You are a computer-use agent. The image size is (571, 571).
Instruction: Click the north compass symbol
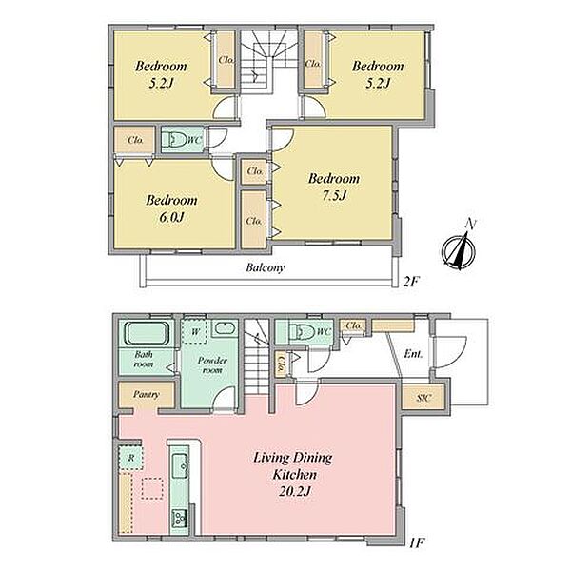pyautogui.click(x=460, y=248)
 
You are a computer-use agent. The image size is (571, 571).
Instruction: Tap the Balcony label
pyautogui.click(x=265, y=267)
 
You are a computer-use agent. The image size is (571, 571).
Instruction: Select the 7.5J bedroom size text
pyautogui.click(x=334, y=196)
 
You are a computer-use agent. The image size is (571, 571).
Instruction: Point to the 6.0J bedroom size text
pyautogui.click(x=170, y=217)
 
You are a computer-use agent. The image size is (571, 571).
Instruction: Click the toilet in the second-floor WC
pyautogui.click(x=173, y=139)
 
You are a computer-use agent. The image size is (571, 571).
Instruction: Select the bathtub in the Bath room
pyautogui.click(x=148, y=333)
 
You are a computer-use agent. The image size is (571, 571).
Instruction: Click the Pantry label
pyautogui.click(x=146, y=394)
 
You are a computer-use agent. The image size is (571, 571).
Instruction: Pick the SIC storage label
pyautogui.click(x=424, y=398)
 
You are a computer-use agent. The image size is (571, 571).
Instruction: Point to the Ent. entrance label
pyautogui.click(x=413, y=354)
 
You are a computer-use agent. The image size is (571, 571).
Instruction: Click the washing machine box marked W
pyautogui.click(x=195, y=332)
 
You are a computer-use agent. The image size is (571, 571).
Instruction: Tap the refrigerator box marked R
pyautogui.click(x=131, y=458)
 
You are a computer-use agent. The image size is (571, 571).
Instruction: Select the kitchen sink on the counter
pyautogui.click(x=180, y=466)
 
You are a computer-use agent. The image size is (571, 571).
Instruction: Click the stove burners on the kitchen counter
pyautogui.click(x=180, y=518)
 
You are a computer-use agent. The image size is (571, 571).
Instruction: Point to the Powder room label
pyautogui.click(x=212, y=365)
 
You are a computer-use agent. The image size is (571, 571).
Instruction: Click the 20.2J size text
pyautogui.click(x=294, y=492)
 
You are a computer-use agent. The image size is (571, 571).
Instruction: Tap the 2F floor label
pyautogui.click(x=412, y=282)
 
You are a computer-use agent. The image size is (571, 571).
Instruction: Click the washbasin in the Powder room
pyautogui.click(x=225, y=327)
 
